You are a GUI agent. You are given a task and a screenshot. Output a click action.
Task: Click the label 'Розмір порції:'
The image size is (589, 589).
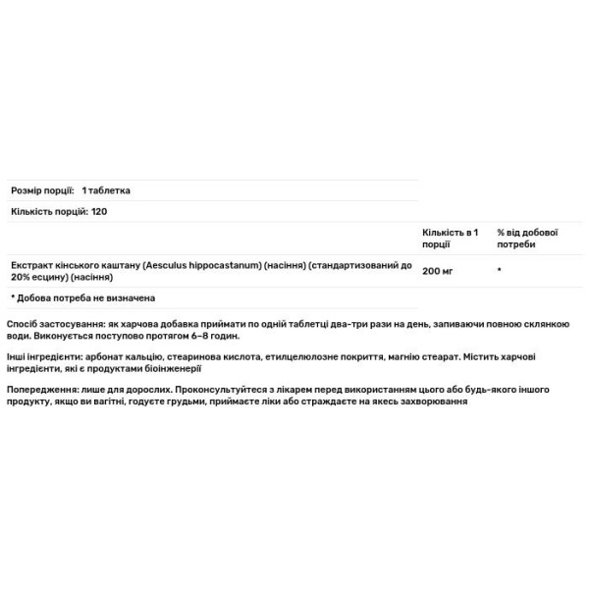coord(42,190)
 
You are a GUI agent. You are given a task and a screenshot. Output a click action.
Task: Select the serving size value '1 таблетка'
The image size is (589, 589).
coord(107,190)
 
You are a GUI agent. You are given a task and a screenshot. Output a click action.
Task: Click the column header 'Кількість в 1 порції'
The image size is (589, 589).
coord(450,238)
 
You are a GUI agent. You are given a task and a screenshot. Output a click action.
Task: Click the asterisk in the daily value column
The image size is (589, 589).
coord(500,268)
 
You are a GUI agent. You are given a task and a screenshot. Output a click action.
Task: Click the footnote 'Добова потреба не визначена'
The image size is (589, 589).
coord(88,297)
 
